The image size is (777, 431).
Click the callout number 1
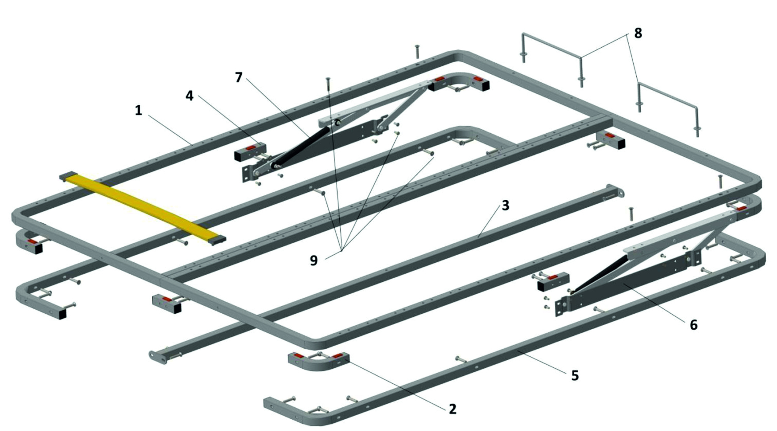pos(138,110)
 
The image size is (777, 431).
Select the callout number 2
pos(452,408)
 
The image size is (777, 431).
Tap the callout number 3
pos(505,205)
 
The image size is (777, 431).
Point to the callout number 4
pos(189,95)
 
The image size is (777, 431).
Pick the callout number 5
pos(575,375)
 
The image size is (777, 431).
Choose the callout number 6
pos(693,324)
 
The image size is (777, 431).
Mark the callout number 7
pos(239,77)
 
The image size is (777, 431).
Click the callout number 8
pos(638,33)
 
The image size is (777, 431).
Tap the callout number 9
pos(314,260)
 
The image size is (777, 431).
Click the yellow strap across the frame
pos(142,208)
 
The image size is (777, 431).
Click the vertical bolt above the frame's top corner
pos(417,52)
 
